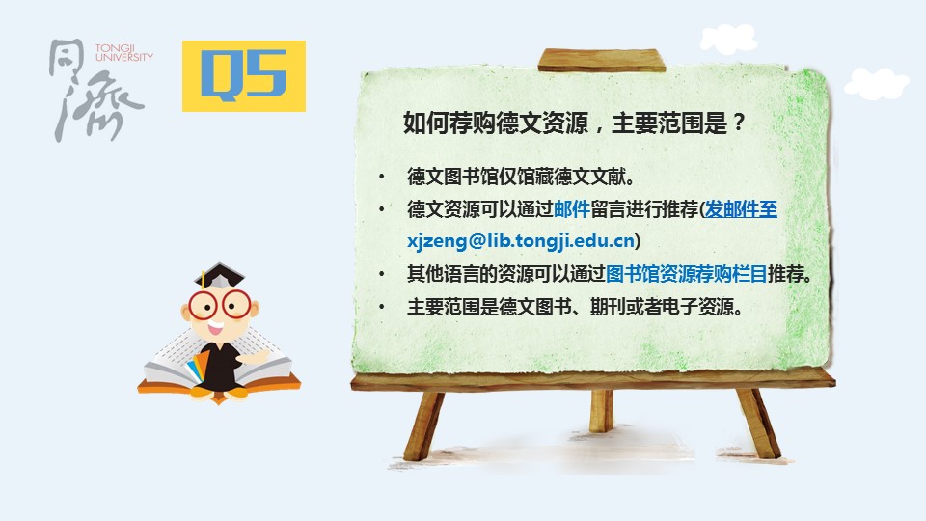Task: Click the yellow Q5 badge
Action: click(x=243, y=75)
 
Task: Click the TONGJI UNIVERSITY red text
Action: click(x=124, y=52)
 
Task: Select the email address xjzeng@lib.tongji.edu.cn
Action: click(x=521, y=241)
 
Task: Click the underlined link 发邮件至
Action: click(x=741, y=209)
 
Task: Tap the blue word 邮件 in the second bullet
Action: click(x=572, y=209)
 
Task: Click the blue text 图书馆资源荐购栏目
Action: click(x=686, y=273)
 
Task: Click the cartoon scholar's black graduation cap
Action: click(x=219, y=276)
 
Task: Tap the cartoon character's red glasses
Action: click(x=220, y=305)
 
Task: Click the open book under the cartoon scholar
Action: click(x=219, y=366)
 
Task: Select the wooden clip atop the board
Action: click(x=601, y=60)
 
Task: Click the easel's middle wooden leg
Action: click(x=601, y=411)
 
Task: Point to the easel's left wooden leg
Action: click(x=423, y=425)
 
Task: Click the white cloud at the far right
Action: click(x=877, y=83)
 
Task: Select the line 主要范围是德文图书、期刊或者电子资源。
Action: click(x=575, y=306)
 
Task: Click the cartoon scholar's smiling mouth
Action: click(x=214, y=327)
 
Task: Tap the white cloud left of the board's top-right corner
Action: click(x=729, y=39)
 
